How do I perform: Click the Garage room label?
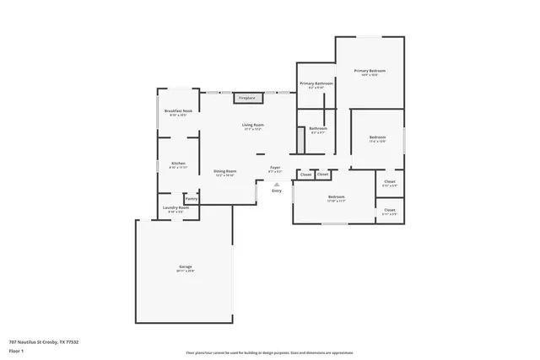185,266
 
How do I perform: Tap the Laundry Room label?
175,207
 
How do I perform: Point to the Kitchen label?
178,163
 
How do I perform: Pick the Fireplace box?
246,98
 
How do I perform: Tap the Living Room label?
254,125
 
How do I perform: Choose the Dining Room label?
224,171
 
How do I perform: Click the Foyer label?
275,168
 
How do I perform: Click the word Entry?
277,191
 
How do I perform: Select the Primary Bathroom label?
316,83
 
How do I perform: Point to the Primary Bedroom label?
370,71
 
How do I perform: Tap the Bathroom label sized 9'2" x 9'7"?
318,128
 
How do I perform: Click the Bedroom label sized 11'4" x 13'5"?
377,137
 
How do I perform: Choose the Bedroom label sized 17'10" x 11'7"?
336,197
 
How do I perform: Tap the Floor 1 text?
16,351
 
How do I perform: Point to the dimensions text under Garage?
185,271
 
